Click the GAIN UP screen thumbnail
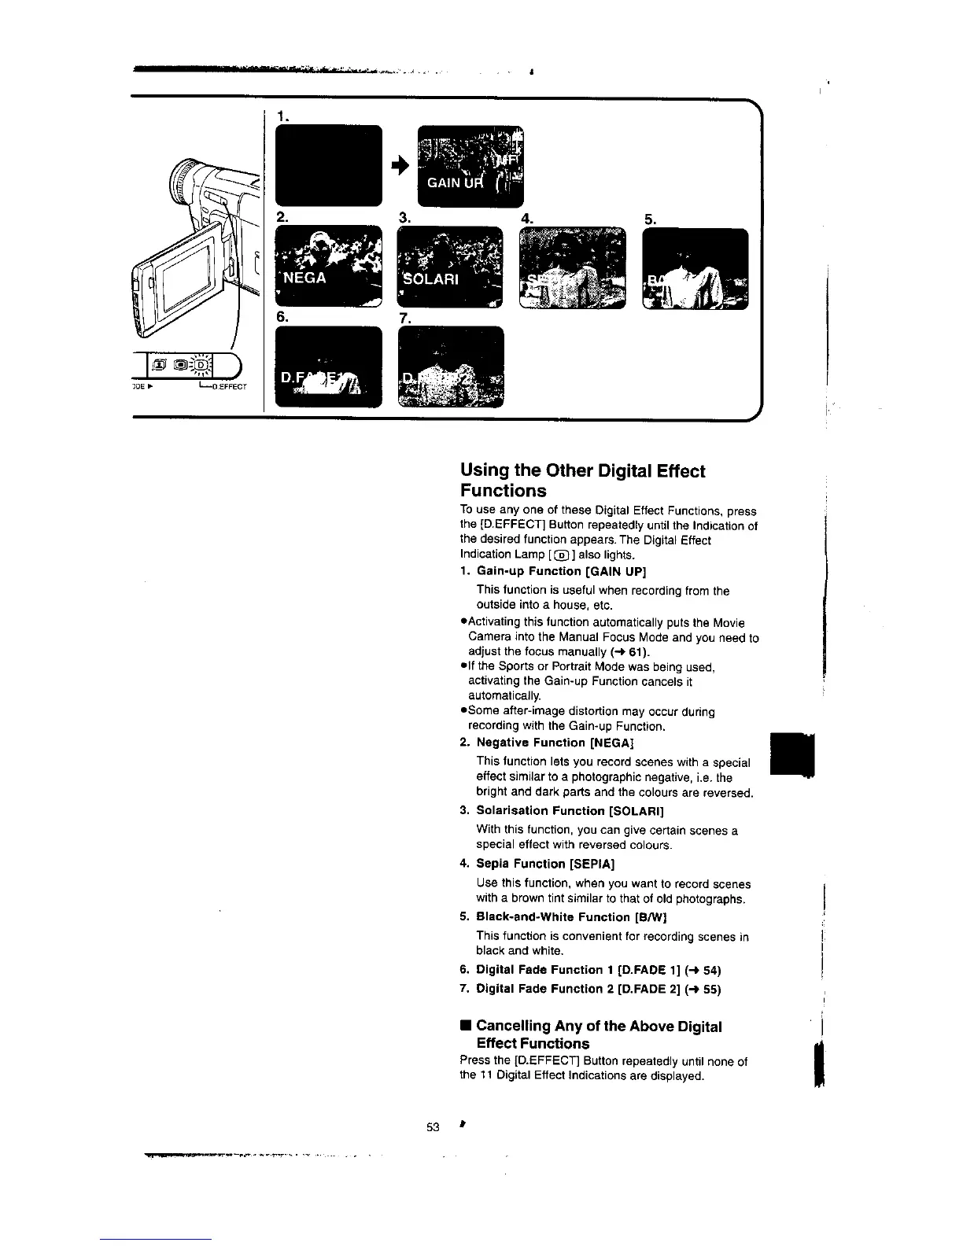coord(470,166)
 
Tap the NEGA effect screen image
coord(328,266)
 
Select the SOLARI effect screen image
coord(450,267)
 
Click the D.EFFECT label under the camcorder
coord(229,387)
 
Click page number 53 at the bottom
coord(432,1126)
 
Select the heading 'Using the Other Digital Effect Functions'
coord(582,481)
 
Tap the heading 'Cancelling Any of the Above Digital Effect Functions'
coord(598,1034)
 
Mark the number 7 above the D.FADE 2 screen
coord(405,319)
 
